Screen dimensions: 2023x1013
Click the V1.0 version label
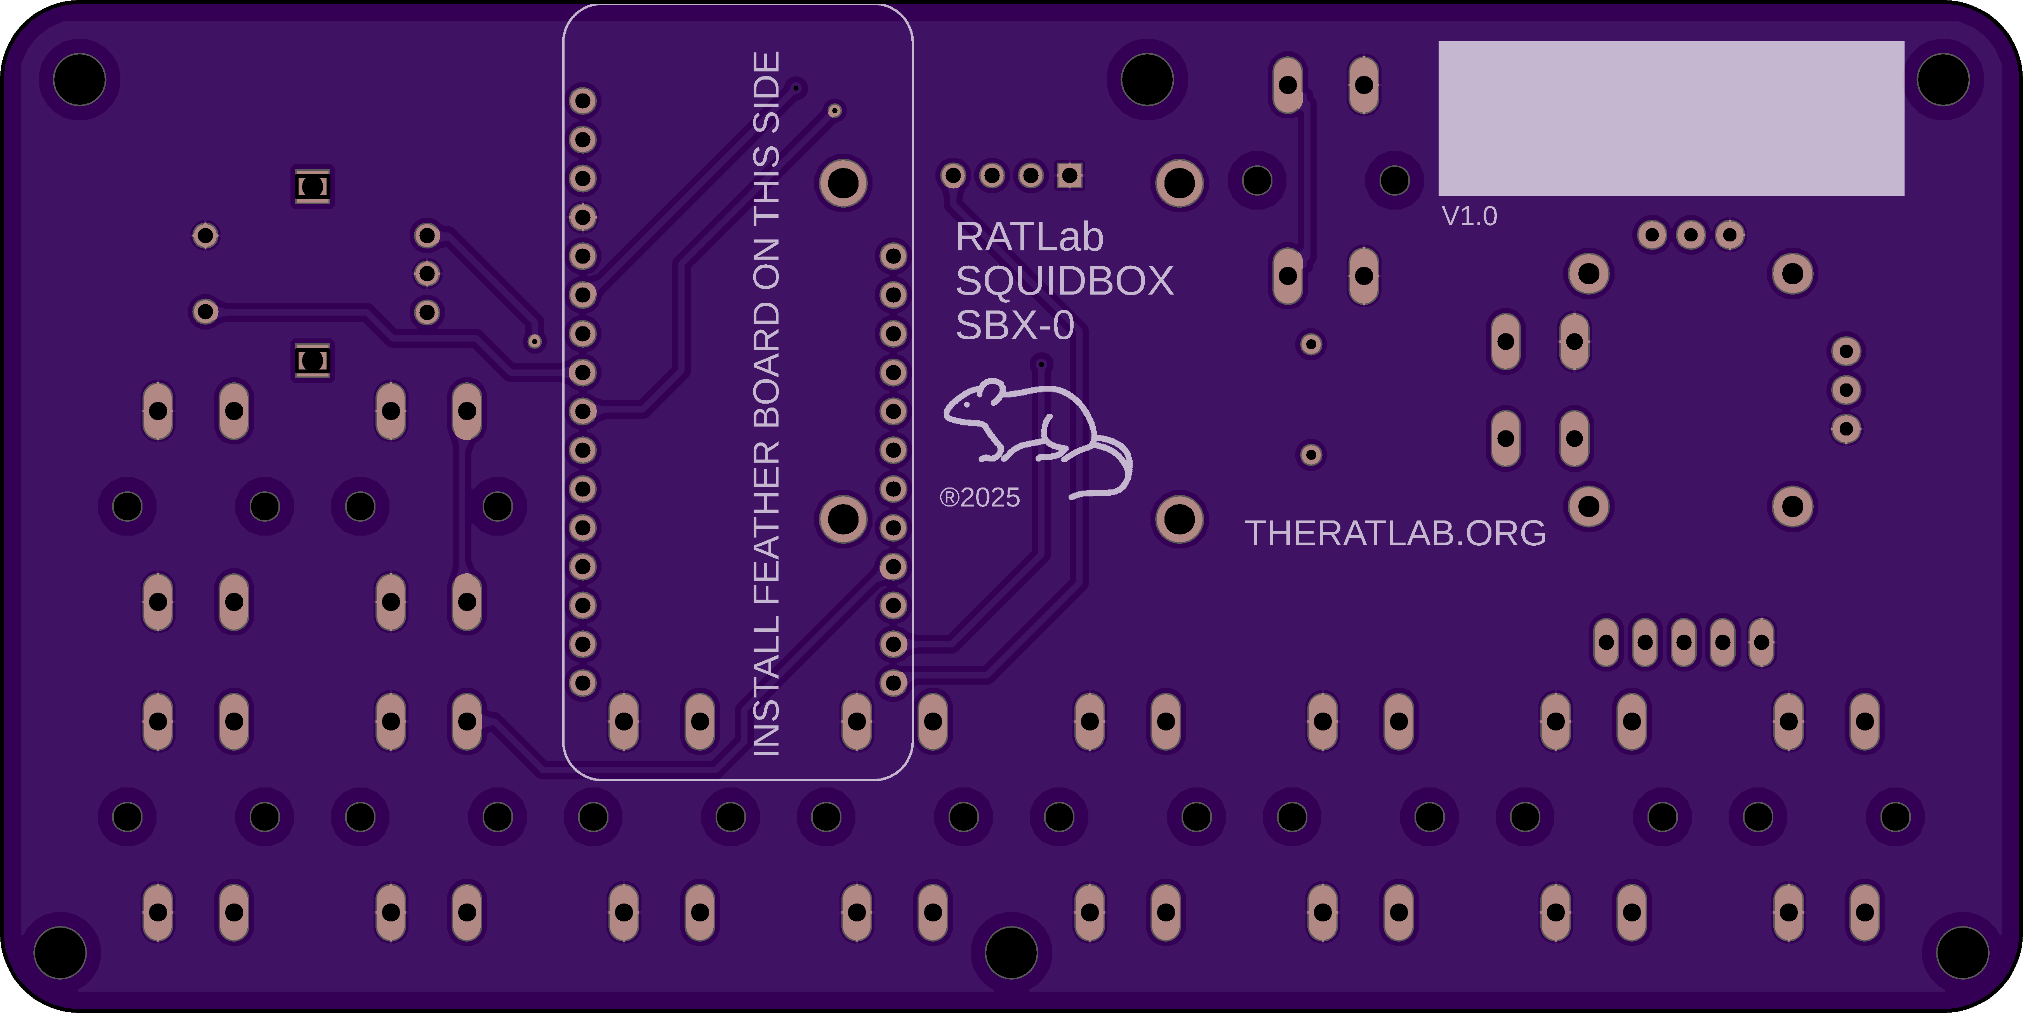coord(1469,216)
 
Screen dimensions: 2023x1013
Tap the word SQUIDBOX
coord(1064,281)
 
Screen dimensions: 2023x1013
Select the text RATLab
coord(1029,237)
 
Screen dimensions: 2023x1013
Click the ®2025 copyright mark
coord(979,497)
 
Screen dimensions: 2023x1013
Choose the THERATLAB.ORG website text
coord(1395,533)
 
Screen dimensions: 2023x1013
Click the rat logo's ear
coord(991,390)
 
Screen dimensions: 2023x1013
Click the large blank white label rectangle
coord(1671,118)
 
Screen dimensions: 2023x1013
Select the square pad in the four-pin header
coord(1069,175)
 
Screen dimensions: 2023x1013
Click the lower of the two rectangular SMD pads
coord(313,361)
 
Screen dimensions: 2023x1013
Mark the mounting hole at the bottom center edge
coord(1011,952)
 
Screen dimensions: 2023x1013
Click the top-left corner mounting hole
coord(79,79)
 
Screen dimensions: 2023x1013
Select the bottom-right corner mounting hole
coord(1962,952)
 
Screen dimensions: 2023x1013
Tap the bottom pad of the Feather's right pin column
coord(893,682)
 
